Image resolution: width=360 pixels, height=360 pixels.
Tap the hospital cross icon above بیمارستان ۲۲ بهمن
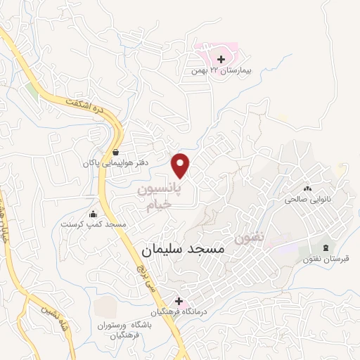(x=221, y=59)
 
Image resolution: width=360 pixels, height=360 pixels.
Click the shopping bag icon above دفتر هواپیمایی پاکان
(x=115, y=152)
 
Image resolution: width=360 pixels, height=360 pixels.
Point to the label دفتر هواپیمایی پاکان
(x=108, y=163)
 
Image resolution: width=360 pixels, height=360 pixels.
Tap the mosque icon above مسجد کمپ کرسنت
(x=93, y=214)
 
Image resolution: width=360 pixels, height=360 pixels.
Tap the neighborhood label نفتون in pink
(x=251, y=238)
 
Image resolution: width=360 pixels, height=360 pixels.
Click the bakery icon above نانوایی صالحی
(x=307, y=188)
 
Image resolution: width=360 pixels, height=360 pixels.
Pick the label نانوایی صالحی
(x=307, y=199)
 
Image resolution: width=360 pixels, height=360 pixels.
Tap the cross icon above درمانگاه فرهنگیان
(x=179, y=300)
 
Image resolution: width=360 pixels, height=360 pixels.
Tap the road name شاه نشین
(x=38, y=309)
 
